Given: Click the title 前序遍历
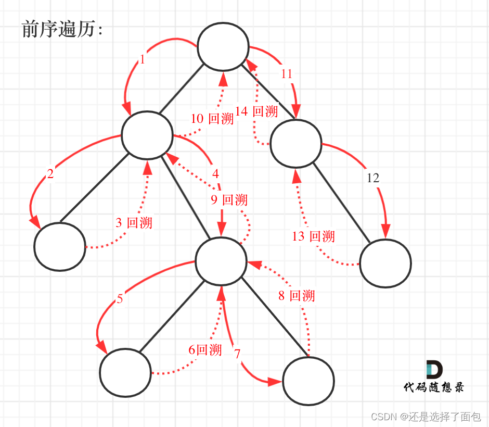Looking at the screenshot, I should click(62, 30).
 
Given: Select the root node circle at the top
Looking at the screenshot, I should click(223, 46).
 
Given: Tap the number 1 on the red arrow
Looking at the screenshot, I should click(143, 60).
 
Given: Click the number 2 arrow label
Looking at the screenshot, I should click(50, 174).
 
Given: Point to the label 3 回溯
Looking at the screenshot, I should click(134, 223).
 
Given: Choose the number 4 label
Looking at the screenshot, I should click(215, 172).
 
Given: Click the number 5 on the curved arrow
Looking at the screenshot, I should click(120, 299).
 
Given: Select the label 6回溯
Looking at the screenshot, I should click(205, 349).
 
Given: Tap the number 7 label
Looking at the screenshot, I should click(237, 354).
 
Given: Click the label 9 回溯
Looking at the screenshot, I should click(229, 200).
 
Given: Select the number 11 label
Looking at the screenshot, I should click(287, 74).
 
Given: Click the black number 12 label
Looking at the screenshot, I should click(373, 178).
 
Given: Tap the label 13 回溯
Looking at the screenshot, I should click(313, 236).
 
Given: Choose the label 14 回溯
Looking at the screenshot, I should click(256, 111).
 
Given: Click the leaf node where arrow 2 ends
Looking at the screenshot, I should click(60, 246).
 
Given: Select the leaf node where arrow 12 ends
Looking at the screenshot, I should click(385, 263).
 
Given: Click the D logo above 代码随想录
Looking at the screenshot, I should click(434, 369).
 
